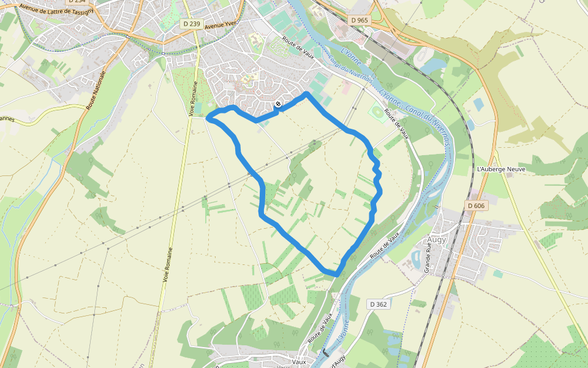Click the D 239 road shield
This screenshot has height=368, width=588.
click(191, 24)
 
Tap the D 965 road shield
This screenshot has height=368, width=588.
click(360, 20)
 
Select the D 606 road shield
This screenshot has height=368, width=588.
click(475, 206)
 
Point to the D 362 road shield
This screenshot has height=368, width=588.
click(378, 304)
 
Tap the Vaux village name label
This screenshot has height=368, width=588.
click(299, 362)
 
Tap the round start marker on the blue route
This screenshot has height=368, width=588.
click(278, 104)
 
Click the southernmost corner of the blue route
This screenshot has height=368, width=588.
click(336, 274)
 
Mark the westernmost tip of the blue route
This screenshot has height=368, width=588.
click(208, 118)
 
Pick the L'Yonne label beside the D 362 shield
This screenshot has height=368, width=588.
click(345, 331)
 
